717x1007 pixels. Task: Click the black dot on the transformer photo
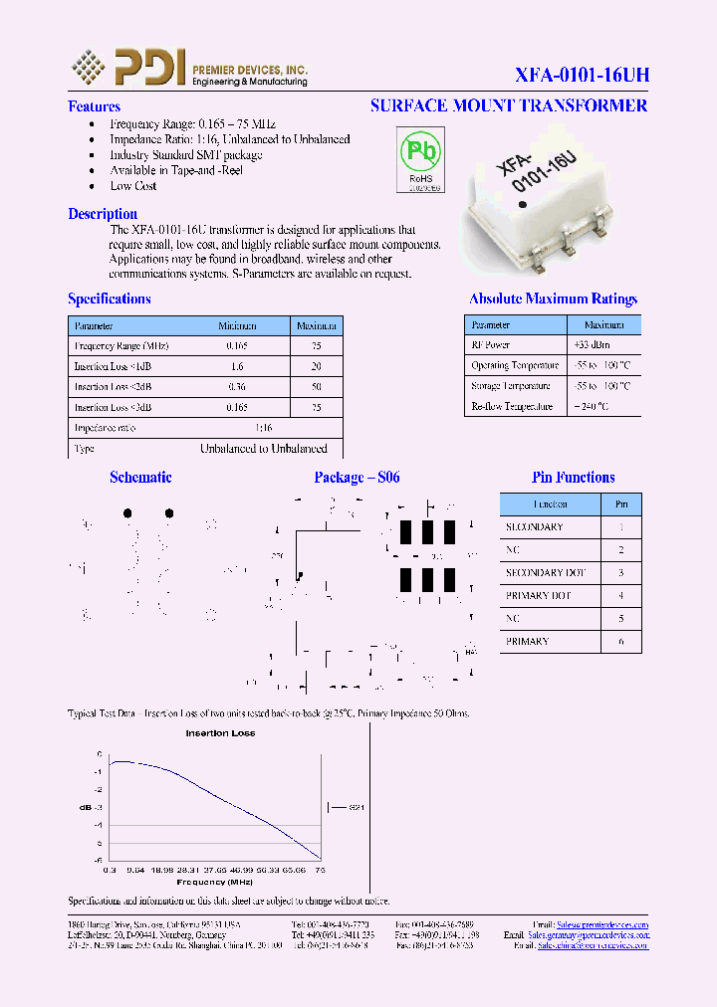[523, 206]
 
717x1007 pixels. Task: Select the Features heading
[94, 106]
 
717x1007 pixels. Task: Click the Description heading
[103, 214]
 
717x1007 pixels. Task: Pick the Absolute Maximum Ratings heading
[553, 299]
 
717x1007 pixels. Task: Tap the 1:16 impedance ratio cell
[263, 428]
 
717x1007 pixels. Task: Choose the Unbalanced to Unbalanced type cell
[263, 449]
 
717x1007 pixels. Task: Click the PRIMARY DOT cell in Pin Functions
[539, 596]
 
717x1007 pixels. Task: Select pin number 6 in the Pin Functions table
[620, 642]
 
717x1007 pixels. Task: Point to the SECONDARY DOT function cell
[545, 573]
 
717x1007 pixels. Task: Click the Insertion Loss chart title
[220, 733]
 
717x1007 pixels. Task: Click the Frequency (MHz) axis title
[214, 882]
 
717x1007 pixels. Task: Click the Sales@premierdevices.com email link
[601, 924]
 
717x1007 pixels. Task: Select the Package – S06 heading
[357, 478]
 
